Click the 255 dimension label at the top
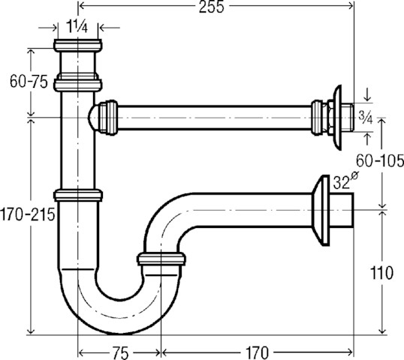211,7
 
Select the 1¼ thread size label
77,26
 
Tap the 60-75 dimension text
29,82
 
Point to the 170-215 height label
28,214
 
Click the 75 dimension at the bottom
120,352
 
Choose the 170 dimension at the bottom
257,352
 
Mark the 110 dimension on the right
381,273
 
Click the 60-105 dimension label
380,161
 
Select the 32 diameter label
345,181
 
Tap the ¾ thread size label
366,118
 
